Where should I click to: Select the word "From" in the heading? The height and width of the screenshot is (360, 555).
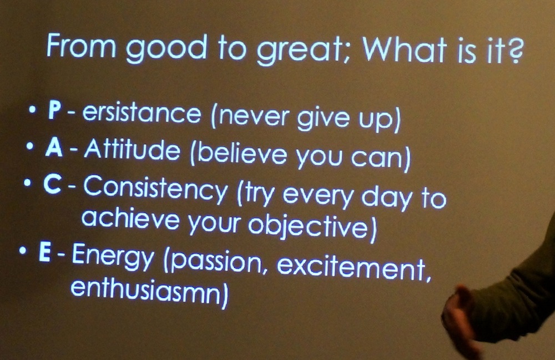click(x=81, y=45)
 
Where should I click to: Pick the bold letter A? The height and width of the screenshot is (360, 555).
click(x=54, y=146)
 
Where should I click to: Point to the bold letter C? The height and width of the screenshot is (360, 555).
click(x=52, y=184)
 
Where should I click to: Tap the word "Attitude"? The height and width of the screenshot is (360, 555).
click(x=132, y=149)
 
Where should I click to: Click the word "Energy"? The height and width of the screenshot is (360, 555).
click(x=113, y=257)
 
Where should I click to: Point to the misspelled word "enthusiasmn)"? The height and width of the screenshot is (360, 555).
click(x=149, y=293)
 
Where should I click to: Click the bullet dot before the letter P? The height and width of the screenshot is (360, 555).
click(x=33, y=110)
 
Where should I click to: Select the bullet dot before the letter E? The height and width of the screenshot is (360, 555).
click(x=23, y=251)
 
